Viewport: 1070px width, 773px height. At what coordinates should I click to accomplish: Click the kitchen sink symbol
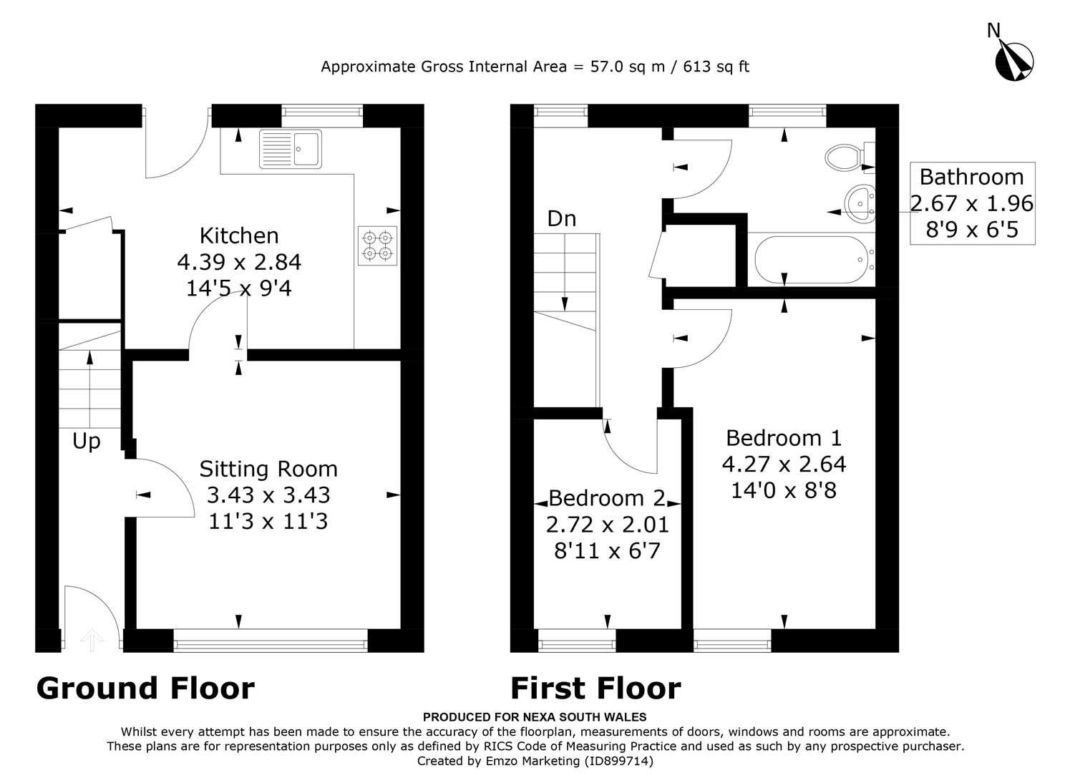coord(291,148)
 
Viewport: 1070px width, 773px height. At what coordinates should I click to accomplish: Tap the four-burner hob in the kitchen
coord(377,245)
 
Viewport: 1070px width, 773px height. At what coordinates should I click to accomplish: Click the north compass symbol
coord(1013,60)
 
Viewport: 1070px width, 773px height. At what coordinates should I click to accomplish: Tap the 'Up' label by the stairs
coord(87,442)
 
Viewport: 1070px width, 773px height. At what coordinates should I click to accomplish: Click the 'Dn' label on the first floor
coord(562,218)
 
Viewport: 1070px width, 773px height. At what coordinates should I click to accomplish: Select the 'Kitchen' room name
coord(239,235)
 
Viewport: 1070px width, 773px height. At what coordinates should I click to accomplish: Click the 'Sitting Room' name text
coord(268,469)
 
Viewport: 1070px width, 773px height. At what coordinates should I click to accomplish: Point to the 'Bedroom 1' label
coord(784,437)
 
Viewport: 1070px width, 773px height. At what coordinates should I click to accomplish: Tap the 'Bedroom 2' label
coord(607,497)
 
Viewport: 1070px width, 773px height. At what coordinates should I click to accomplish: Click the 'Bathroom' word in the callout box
coord(971,177)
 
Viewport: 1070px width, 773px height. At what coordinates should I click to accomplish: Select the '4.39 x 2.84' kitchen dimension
coord(239,262)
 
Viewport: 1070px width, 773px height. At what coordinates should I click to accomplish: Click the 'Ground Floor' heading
coord(145,688)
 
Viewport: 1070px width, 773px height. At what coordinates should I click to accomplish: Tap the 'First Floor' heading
coord(595,688)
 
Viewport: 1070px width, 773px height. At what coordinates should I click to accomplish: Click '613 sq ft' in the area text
coord(716,67)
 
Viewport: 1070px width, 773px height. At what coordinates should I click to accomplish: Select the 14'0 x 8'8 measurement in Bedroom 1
coord(784,490)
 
